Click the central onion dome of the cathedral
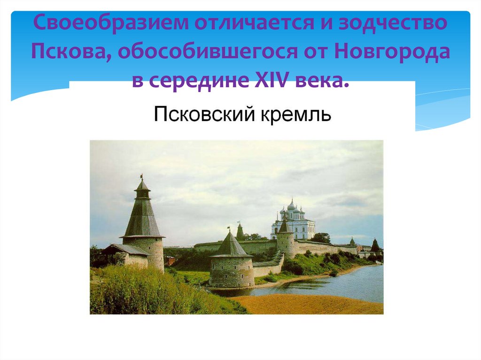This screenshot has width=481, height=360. point(292,205)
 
